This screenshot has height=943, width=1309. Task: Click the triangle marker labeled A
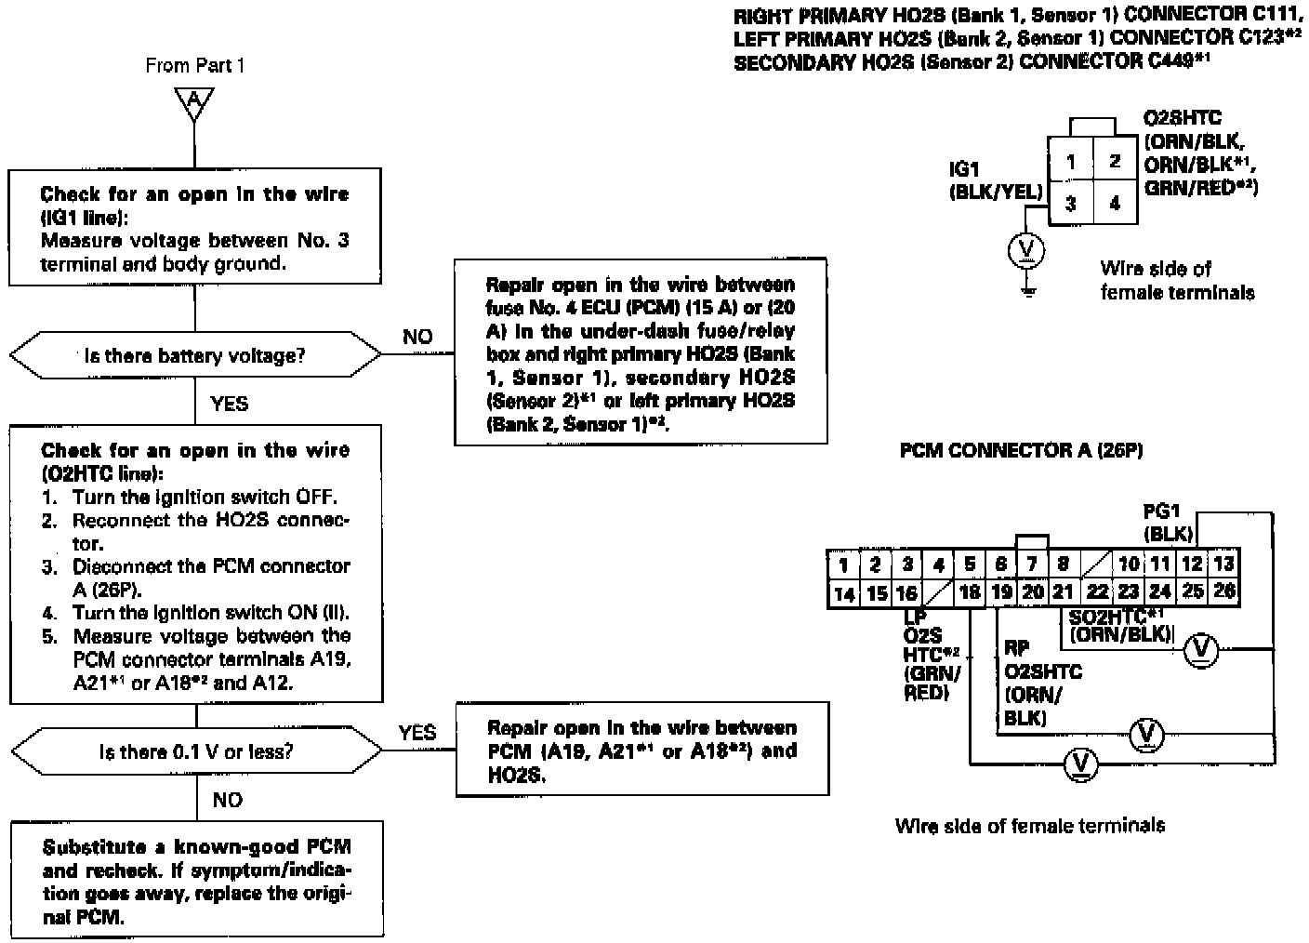pyautogui.click(x=193, y=101)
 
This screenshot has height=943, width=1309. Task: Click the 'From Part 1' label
pyautogui.click(x=195, y=66)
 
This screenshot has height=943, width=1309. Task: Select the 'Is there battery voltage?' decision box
pyautogui.click(x=195, y=355)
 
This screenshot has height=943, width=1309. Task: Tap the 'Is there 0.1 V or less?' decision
pyautogui.click(x=195, y=750)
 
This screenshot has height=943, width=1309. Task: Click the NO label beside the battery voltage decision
pyautogui.click(x=417, y=337)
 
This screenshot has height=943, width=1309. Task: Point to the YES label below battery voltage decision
pyautogui.click(x=230, y=404)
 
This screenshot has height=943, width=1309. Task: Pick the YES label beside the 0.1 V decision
pyautogui.click(x=417, y=733)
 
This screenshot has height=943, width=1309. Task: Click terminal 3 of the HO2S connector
pyautogui.click(x=1071, y=203)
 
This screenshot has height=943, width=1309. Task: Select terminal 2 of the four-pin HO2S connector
pyautogui.click(x=1115, y=161)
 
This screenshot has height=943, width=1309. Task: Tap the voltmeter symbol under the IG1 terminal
pyautogui.click(x=1026, y=249)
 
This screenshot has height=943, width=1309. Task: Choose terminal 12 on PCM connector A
pyautogui.click(x=1192, y=564)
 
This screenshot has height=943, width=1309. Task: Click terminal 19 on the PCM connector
pyautogui.click(x=1001, y=592)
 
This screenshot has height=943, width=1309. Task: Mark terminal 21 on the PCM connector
pyautogui.click(x=1063, y=592)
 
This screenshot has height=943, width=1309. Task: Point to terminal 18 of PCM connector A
pyautogui.click(x=970, y=592)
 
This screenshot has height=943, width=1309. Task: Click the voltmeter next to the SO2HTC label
pyautogui.click(x=1200, y=650)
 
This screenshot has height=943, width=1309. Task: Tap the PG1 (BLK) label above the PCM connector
pyautogui.click(x=1168, y=521)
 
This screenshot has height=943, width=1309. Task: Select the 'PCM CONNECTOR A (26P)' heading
pyautogui.click(x=1021, y=451)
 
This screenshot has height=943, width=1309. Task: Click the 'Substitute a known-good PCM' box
pyautogui.click(x=197, y=879)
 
